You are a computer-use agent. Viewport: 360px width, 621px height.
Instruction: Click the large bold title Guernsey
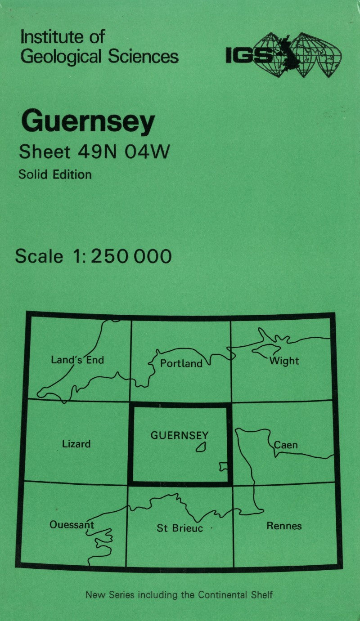point(88,122)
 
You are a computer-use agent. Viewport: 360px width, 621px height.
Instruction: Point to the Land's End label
point(77,360)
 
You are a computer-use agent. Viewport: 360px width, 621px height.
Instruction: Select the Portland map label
point(181,363)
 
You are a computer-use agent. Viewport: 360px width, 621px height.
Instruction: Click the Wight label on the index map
point(284,361)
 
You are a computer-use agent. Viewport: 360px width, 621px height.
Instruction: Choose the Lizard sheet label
point(76,444)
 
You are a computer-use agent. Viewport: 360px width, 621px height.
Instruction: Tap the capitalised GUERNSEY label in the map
point(180,435)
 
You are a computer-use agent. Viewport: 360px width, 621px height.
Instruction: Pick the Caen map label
point(286,445)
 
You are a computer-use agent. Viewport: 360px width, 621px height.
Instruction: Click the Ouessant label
point(72,525)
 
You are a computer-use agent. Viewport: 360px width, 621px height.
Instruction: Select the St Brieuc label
point(180,528)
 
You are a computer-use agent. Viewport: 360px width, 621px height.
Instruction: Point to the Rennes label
point(284,526)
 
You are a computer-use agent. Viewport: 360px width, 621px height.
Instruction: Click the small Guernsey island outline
point(201,447)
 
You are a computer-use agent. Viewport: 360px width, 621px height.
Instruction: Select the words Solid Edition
point(55,174)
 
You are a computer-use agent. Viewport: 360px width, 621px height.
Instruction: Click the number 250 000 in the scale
point(132,256)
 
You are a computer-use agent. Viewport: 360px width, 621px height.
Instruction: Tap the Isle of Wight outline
point(266,349)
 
